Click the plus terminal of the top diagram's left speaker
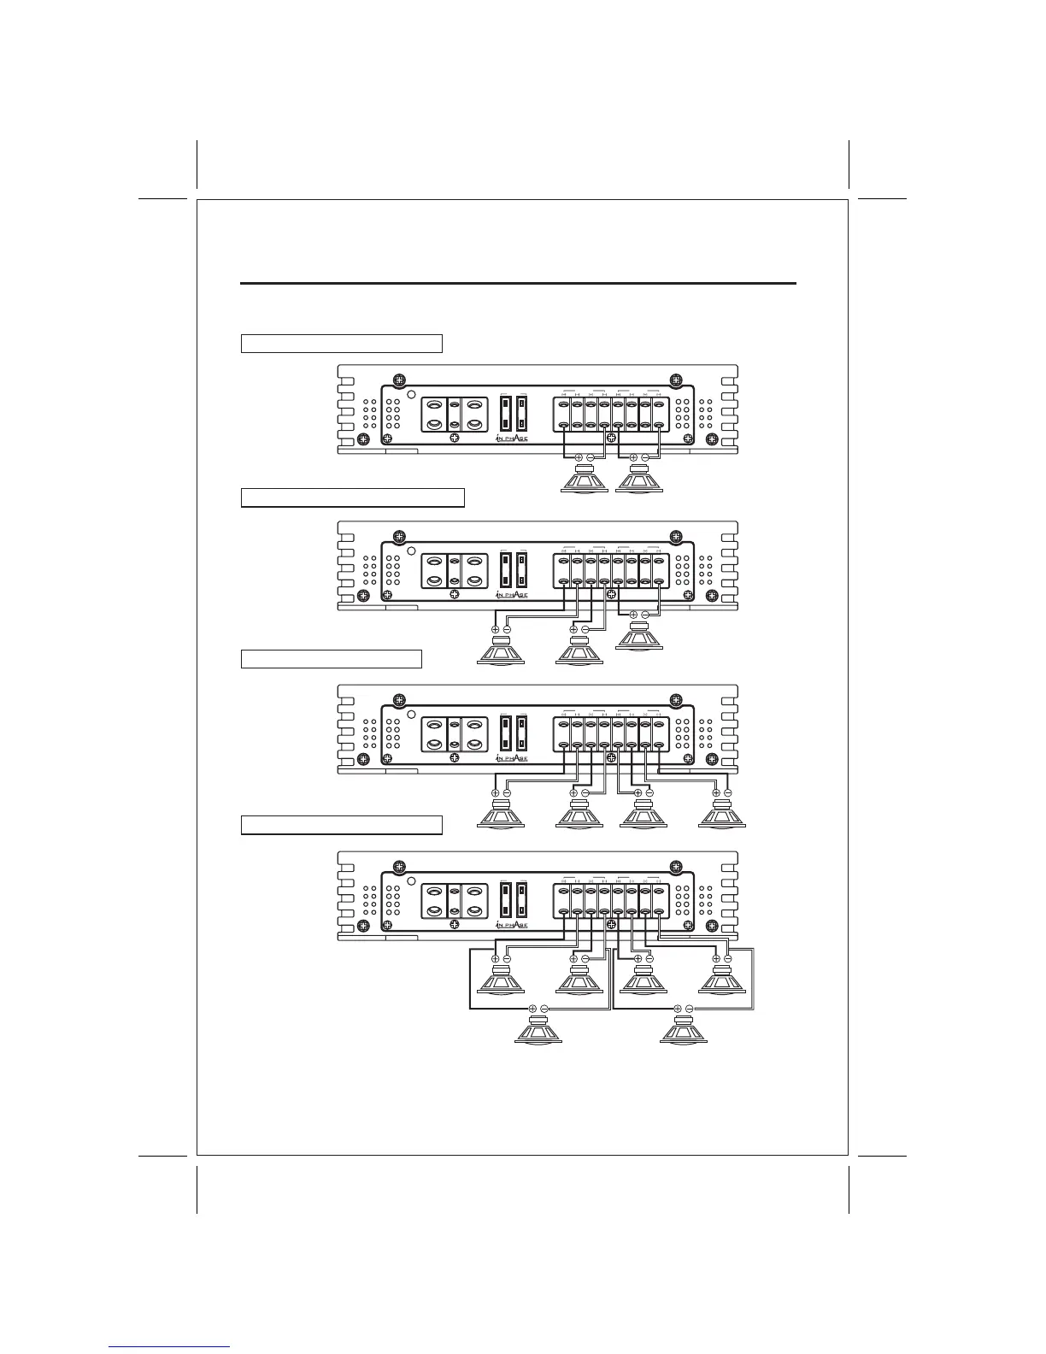tap(579, 457)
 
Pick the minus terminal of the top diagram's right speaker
tap(645, 457)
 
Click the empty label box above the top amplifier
tap(341, 344)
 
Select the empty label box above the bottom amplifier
tap(341, 825)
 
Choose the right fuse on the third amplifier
tap(522, 733)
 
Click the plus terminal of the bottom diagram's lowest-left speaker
tap(532, 1009)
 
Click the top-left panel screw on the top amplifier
tap(397, 380)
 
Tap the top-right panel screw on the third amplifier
tap(675, 700)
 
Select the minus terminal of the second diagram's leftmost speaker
tap(507, 629)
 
